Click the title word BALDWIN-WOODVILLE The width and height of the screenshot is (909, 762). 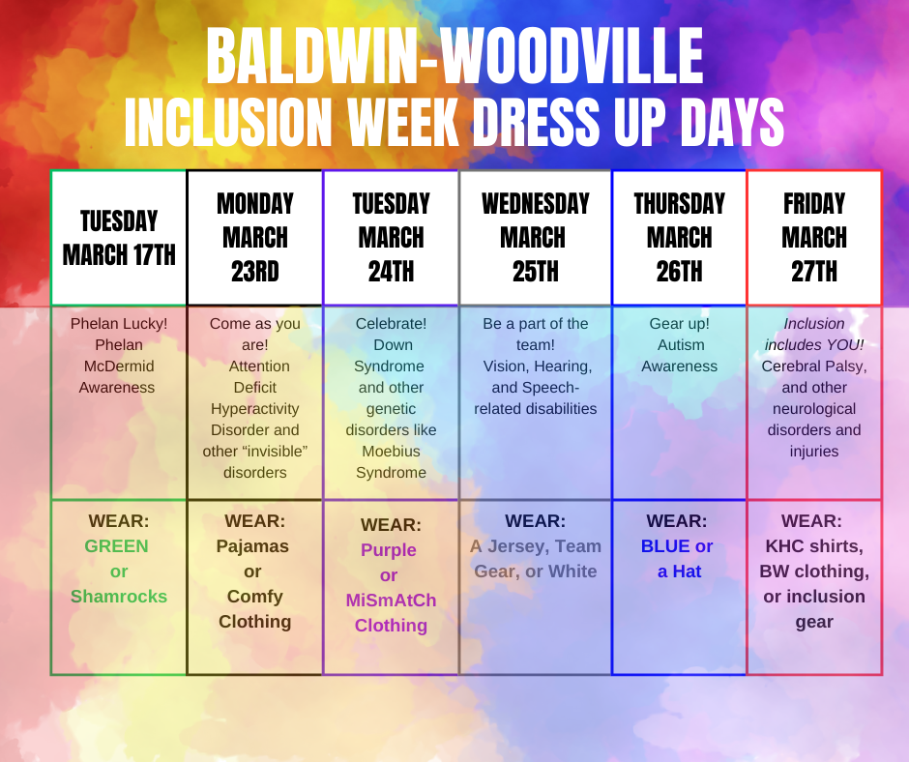coord(454,56)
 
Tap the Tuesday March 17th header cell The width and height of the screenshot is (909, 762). coord(119,238)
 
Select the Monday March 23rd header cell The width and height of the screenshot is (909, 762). coord(254,238)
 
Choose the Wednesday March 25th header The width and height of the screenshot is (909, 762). coord(535,238)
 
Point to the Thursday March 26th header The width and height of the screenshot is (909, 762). coord(679,238)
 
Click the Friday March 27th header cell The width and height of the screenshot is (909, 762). coord(814,238)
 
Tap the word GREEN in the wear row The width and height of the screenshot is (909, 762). coord(117,546)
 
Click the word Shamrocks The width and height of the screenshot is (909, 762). coord(119,597)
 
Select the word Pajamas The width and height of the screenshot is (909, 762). coord(254,546)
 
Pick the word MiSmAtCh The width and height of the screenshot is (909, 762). coord(391,601)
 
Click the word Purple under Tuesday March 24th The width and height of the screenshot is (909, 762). coord(389,550)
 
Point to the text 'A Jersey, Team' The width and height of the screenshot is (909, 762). coord(535,546)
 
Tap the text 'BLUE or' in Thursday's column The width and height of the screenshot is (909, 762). coord(677,546)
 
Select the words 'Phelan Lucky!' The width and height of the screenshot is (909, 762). coord(119,324)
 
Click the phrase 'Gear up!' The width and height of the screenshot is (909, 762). coord(679,324)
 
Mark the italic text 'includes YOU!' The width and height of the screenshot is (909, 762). coord(814,345)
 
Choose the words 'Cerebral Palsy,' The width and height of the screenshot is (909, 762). coord(814,366)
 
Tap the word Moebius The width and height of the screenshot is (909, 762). coord(391,452)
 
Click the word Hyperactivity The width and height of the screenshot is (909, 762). coord(254,409)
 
